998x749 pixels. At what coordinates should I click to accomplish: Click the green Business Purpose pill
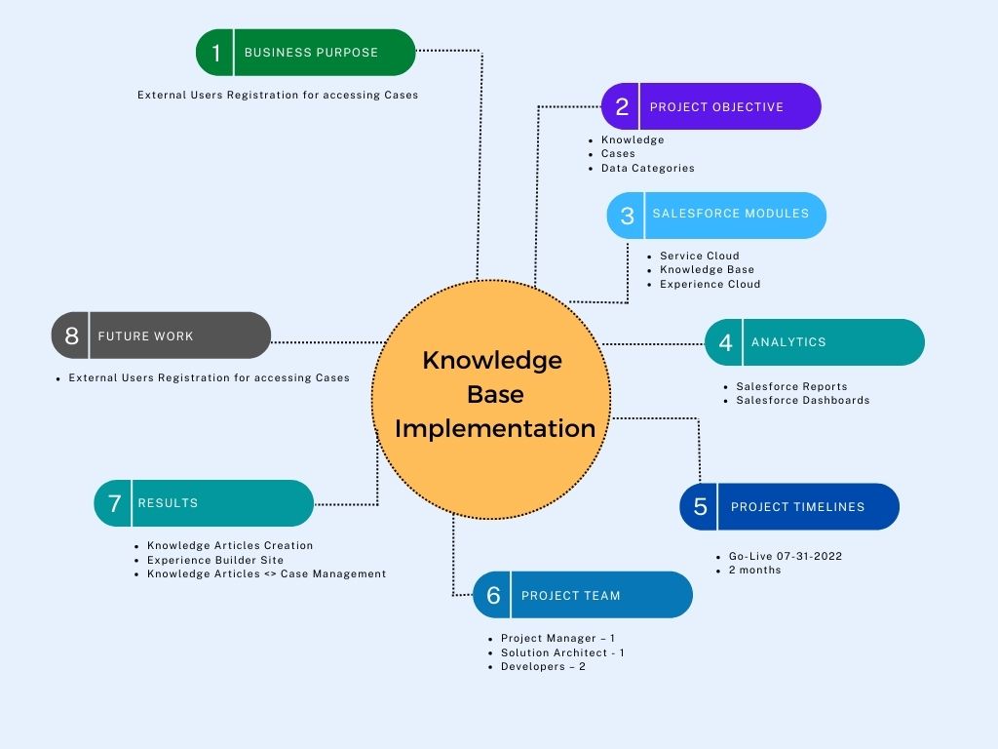306,53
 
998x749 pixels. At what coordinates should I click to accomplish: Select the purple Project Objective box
711,106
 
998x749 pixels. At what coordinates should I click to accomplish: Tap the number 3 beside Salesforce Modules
627,216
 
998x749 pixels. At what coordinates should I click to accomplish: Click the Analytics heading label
788,342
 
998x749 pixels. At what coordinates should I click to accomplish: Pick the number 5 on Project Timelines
700,507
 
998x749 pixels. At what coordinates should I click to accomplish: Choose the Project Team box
583,595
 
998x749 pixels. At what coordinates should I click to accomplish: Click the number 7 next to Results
114,503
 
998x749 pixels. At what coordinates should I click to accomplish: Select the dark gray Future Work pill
161,335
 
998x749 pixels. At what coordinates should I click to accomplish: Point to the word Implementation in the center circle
495,428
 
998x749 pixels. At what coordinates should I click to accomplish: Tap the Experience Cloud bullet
710,284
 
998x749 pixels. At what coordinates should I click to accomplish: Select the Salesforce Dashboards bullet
802,400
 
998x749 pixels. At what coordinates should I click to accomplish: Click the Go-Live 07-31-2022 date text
785,556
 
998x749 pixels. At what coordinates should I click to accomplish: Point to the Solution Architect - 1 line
562,652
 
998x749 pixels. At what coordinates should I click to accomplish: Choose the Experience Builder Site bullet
215,560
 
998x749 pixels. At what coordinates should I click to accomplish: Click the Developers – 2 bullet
543,666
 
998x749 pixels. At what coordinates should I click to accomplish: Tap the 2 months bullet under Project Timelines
754,570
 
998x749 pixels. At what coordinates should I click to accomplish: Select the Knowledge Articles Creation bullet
230,545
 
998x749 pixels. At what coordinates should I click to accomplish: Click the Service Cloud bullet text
699,256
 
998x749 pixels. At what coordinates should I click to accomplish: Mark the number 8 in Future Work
71,336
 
